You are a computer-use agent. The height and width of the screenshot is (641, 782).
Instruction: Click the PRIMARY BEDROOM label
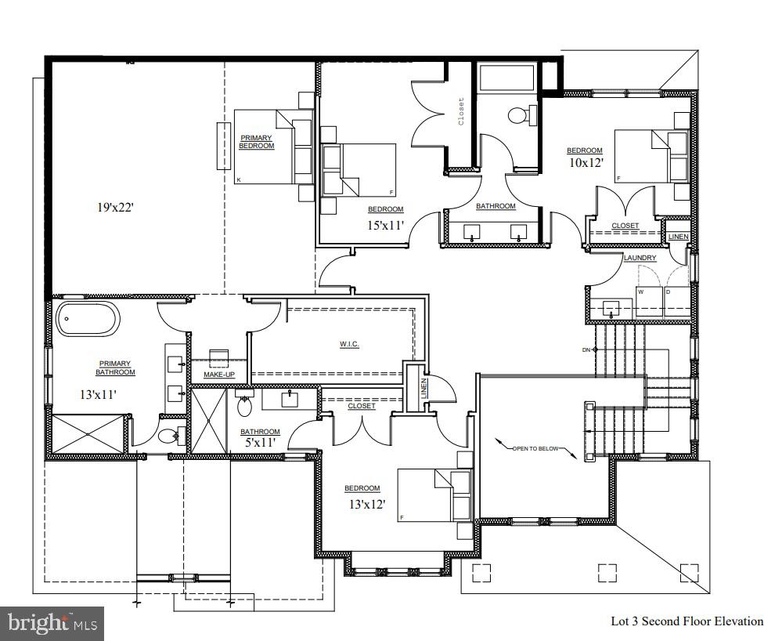click(256, 142)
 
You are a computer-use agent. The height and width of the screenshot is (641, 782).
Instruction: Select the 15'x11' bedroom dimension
click(385, 226)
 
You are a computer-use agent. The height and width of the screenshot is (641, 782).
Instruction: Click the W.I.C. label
click(349, 345)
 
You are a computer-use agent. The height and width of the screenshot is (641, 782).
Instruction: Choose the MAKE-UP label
click(219, 375)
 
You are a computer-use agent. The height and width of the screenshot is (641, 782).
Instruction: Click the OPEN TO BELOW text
click(537, 449)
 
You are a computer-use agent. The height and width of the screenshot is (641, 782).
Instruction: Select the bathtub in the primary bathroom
click(88, 320)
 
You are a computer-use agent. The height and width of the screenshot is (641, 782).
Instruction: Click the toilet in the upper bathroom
click(518, 116)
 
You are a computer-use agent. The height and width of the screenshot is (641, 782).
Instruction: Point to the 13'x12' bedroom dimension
click(366, 504)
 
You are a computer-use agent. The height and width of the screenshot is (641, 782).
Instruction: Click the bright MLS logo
click(52, 624)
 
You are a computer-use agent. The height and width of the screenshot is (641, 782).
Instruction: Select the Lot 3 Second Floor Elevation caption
click(687, 621)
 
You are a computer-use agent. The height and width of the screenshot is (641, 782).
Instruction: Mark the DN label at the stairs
click(586, 349)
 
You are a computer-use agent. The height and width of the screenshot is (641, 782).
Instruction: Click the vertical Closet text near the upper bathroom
click(461, 111)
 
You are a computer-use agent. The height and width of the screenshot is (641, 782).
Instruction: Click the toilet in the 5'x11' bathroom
click(243, 406)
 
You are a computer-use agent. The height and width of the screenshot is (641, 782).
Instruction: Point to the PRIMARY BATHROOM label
click(116, 368)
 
